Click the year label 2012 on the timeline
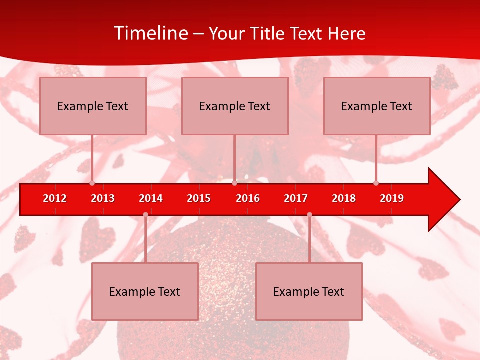pyautogui.click(x=55, y=198)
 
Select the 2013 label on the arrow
pyautogui.click(x=103, y=198)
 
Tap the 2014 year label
pyautogui.click(x=151, y=198)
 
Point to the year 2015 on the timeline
pyautogui.click(x=199, y=198)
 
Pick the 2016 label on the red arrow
pyautogui.click(x=248, y=198)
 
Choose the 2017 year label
pyautogui.click(x=296, y=198)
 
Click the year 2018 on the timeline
pyautogui.click(x=344, y=198)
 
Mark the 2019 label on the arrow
pyautogui.click(x=392, y=198)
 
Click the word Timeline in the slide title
pyautogui.click(x=151, y=33)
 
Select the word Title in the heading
pyautogui.click(x=269, y=33)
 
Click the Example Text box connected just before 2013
pyautogui.click(x=93, y=106)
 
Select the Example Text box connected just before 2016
pyautogui.click(x=235, y=106)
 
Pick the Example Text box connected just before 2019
pyautogui.click(x=377, y=106)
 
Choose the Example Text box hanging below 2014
pyautogui.click(x=145, y=291)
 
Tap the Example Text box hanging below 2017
pyautogui.click(x=309, y=291)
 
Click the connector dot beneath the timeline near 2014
pyautogui.click(x=145, y=214)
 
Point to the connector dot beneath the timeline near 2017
pyautogui.click(x=309, y=214)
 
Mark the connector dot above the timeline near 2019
pyautogui.click(x=376, y=183)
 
